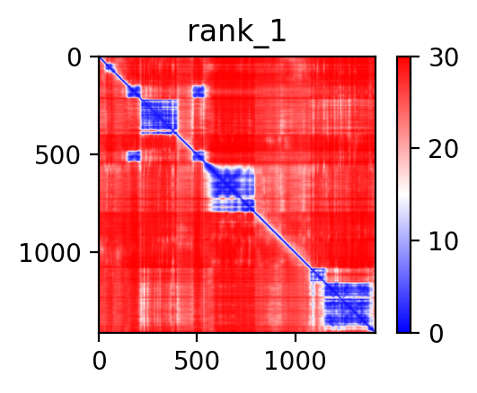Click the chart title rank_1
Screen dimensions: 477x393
click(236, 32)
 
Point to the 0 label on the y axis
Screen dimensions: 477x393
click(75, 57)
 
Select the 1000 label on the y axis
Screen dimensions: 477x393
click(49, 253)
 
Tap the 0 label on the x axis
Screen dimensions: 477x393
click(99, 361)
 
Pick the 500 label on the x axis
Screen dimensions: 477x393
click(197, 361)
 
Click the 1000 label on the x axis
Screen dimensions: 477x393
click(295, 361)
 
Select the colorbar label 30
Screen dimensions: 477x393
click(443, 57)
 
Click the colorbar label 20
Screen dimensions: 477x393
click(443, 149)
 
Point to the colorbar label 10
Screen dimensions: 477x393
click(443, 241)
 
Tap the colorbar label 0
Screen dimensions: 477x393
click(437, 334)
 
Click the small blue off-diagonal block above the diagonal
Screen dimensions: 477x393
click(199, 92)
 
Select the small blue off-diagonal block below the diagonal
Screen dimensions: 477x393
click(134, 156)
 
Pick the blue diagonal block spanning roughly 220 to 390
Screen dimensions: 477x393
click(159, 117)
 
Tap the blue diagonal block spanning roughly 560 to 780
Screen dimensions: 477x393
click(231, 189)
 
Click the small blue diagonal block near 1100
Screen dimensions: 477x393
click(318, 275)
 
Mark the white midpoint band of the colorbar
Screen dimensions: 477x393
click(403, 195)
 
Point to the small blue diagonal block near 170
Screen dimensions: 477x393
click(134, 92)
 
